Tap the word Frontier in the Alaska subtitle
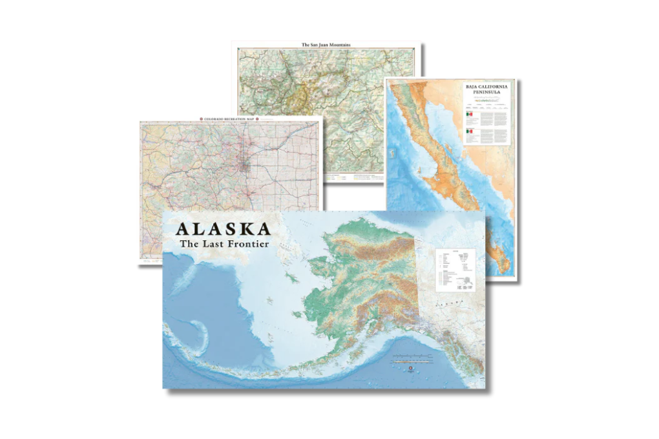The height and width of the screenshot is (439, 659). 245,244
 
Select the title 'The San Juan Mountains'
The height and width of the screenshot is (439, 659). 326,45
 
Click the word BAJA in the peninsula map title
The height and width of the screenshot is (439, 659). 475,86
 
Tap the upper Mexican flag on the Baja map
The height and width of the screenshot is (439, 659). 470,114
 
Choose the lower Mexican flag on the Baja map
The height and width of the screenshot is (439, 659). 470,132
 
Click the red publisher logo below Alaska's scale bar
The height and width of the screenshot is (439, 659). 411,368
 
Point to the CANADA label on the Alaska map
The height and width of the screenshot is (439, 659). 446,301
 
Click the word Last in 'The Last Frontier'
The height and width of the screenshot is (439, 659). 214,244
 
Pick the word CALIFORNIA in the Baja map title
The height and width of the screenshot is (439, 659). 496,86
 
